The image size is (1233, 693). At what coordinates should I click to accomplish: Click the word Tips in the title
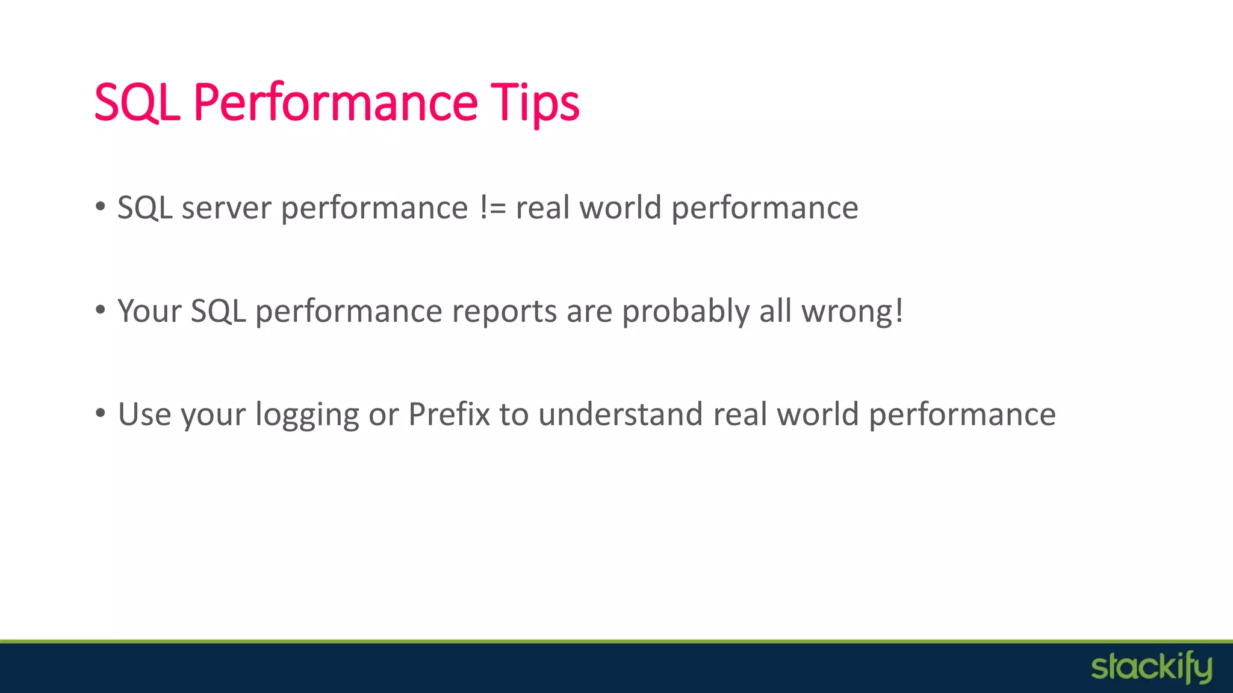click(535, 102)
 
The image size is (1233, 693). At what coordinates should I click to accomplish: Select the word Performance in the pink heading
click(335, 102)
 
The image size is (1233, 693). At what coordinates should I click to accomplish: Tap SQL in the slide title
click(137, 102)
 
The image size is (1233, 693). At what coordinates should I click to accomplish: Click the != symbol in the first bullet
click(493, 208)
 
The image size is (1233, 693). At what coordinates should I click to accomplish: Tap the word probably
click(686, 312)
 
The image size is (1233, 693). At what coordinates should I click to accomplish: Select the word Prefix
click(449, 415)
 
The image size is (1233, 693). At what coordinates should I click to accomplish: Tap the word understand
click(620, 415)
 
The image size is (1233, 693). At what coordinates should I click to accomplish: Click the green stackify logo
click(1151, 668)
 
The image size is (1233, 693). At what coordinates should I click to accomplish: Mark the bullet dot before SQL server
click(101, 207)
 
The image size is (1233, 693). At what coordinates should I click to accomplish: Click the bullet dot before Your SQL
click(101, 310)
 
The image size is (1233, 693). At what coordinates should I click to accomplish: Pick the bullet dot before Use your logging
click(101, 414)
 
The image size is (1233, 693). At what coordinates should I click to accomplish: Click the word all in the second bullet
click(775, 312)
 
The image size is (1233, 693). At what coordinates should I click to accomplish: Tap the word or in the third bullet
click(384, 415)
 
